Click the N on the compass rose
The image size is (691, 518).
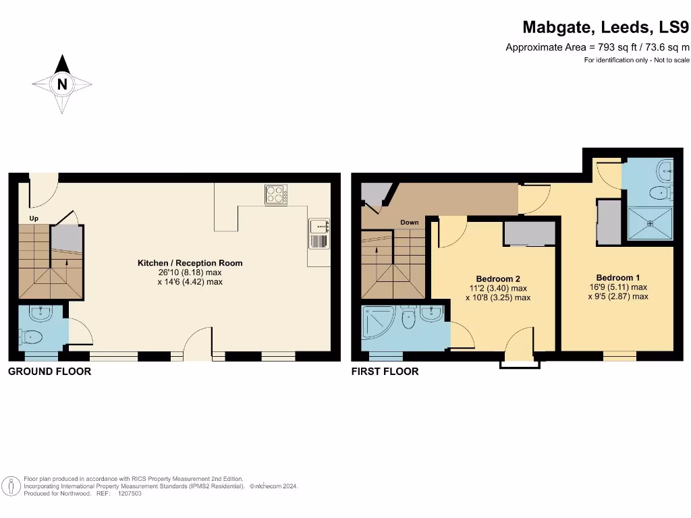62,84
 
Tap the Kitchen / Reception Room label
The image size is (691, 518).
190,263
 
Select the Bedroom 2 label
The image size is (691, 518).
498,279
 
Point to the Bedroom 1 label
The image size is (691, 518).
618,277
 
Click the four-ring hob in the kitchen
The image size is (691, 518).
275,194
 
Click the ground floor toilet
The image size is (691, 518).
32,336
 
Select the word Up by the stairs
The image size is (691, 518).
34,219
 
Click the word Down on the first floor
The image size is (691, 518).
410,222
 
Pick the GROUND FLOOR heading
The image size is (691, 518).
49,371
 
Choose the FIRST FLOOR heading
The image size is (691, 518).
385,371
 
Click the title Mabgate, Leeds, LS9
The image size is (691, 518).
606,28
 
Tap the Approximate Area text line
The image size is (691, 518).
597,47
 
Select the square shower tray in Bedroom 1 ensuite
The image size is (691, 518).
650,224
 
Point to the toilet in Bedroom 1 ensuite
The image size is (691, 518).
659,194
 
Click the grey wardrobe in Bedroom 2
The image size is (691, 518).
529,233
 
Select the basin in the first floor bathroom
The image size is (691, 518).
432,313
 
